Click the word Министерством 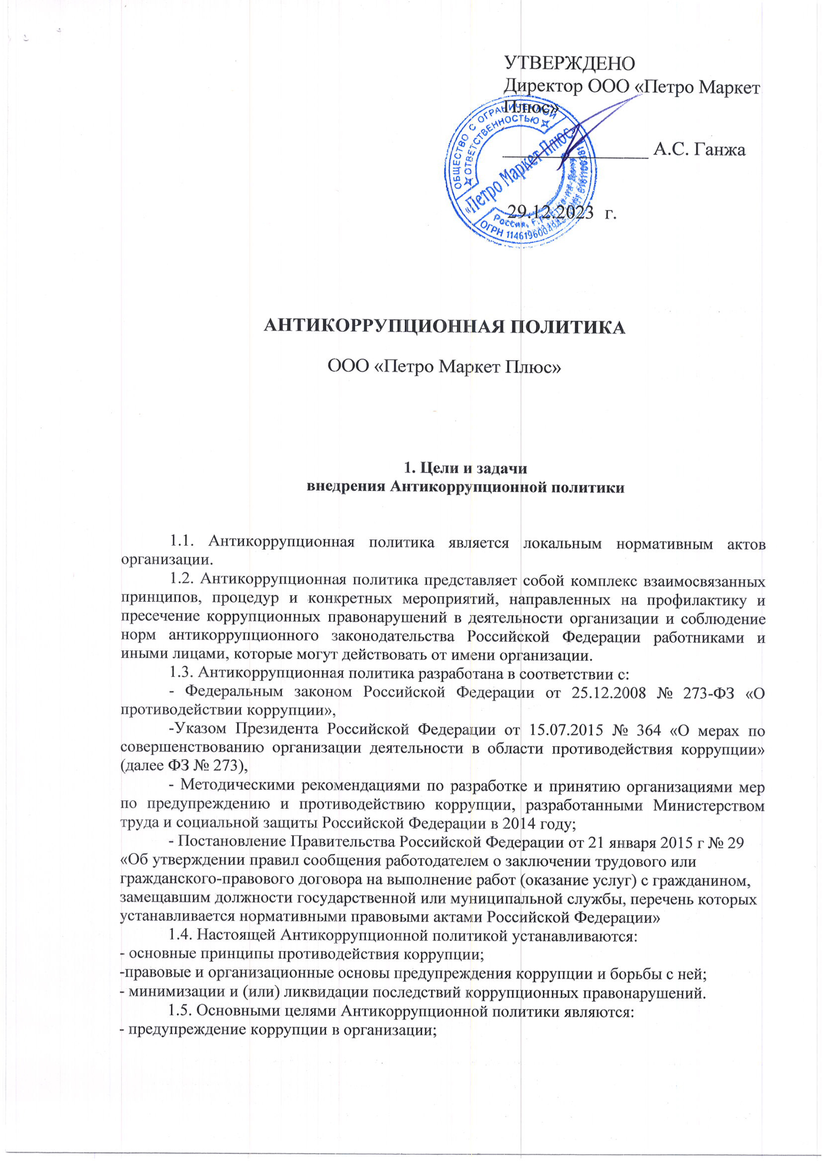tap(709, 806)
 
